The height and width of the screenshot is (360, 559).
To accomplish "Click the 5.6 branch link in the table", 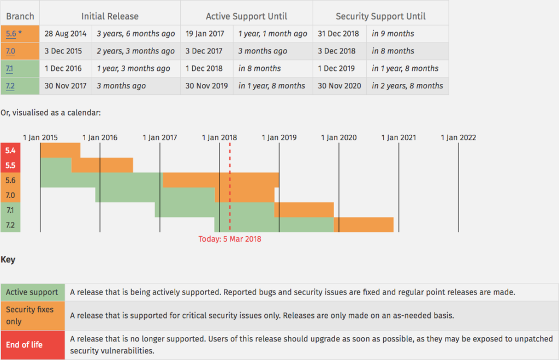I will (x=11, y=34).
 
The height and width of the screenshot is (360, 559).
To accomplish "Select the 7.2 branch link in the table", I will (x=10, y=86).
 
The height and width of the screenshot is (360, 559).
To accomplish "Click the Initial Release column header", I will (x=110, y=16).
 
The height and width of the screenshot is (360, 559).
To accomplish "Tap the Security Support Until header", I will (x=380, y=16).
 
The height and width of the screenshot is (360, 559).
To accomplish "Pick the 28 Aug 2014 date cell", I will (x=66, y=34).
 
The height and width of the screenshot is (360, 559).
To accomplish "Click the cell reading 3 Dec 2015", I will (x=63, y=51).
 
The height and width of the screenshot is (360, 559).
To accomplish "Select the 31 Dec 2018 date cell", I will (x=338, y=34).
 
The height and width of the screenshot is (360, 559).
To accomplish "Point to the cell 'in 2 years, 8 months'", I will (x=407, y=86).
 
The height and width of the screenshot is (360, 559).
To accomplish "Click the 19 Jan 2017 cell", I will (x=205, y=34).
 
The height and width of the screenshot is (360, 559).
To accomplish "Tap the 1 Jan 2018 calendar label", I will (x=220, y=137).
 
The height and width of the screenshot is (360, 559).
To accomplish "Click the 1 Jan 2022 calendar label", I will (x=458, y=137).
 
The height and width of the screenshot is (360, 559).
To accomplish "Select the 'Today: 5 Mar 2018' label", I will (x=230, y=238).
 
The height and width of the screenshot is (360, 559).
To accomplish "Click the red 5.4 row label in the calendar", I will (x=10, y=150).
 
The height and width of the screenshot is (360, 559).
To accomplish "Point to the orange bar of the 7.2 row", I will (x=364, y=224).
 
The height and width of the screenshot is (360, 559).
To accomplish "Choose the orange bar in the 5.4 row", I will (x=60, y=150).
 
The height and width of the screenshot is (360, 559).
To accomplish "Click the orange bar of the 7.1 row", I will (x=304, y=209).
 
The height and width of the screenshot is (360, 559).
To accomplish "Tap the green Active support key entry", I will (x=32, y=292).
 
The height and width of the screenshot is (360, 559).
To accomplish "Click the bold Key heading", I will (x=8, y=260).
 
